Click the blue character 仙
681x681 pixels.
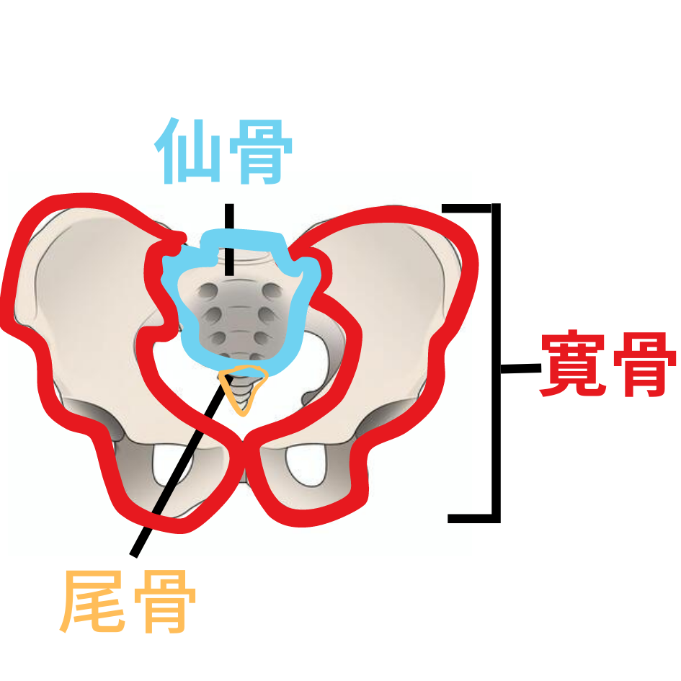click(x=187, y=151)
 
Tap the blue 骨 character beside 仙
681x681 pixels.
click(x=260, y=151)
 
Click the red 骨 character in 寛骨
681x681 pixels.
click(x=644, y=364)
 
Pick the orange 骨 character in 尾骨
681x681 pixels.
click(x=164, y=601)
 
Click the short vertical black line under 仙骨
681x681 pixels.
click(x=229, y=240)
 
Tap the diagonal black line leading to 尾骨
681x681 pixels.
click(x=181, y=466)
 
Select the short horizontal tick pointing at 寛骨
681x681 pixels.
click(x=521, y=368)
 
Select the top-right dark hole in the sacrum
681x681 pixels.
click(x=272, y=290)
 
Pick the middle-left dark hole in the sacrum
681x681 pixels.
click(x=213, y=314)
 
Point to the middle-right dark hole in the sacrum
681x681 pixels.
click(x=267, y=314)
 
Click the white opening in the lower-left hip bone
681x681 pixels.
click(x=172, y=465)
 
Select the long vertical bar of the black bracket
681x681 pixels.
click(x=496, y=363)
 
